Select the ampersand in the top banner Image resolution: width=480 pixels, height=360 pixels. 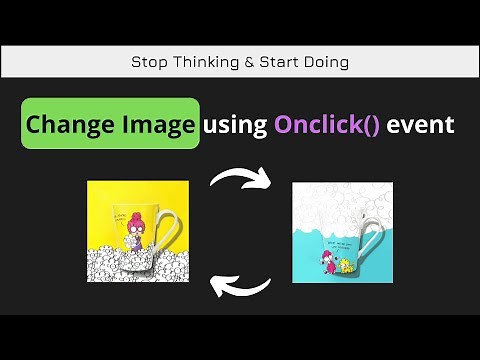pos(249,62)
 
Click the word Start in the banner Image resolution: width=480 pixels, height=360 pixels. pos(280,62)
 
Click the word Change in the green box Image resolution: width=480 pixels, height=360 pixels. pos(67,125)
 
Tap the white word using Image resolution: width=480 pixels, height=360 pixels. pos(235,125)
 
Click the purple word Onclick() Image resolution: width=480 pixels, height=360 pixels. pos(325,125)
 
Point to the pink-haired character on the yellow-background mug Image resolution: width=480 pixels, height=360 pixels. pos(134,229)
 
